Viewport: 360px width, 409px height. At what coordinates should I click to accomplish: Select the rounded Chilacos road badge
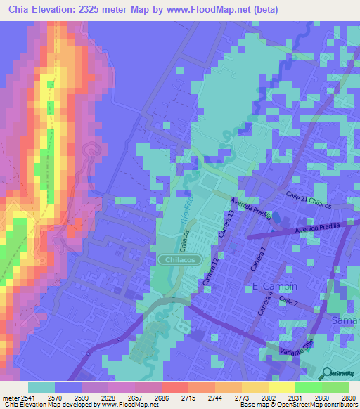176,259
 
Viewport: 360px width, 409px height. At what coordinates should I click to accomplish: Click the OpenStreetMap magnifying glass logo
327,372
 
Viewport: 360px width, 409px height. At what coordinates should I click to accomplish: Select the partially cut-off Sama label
345,320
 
